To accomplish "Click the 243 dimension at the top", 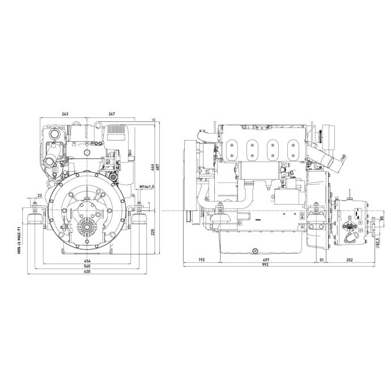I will [x=65, y=114].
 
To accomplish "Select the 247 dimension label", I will [x=112, y=114].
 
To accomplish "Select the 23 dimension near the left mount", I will [x=39, y=195].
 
